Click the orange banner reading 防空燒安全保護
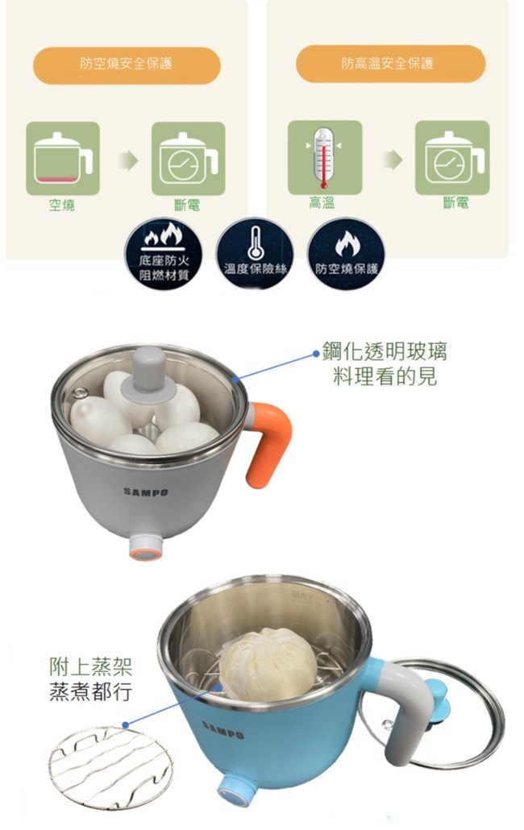pos(127,64)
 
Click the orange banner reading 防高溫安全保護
pos(391,64)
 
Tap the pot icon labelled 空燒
pos(63,158)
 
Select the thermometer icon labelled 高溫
pos(324,157)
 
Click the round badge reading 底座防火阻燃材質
pos(163,254)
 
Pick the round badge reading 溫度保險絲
pos(255,254)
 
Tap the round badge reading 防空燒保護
pos(346,254)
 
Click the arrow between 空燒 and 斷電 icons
pos(127,160)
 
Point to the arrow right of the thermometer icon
pos(393,160)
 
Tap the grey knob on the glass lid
pos(150,371)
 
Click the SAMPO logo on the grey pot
pos(146,492)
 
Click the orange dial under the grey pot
pos(145,549)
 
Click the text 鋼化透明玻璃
pos(385,351)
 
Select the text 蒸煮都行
pos(90,692)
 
